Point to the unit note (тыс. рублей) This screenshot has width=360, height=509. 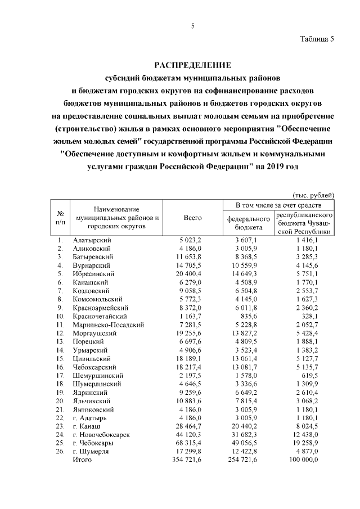pos(314,194)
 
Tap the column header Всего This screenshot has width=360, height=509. pos(193,218)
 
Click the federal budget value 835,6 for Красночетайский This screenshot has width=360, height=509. pos(254,317)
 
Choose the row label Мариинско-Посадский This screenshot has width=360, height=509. pos(109,325)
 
